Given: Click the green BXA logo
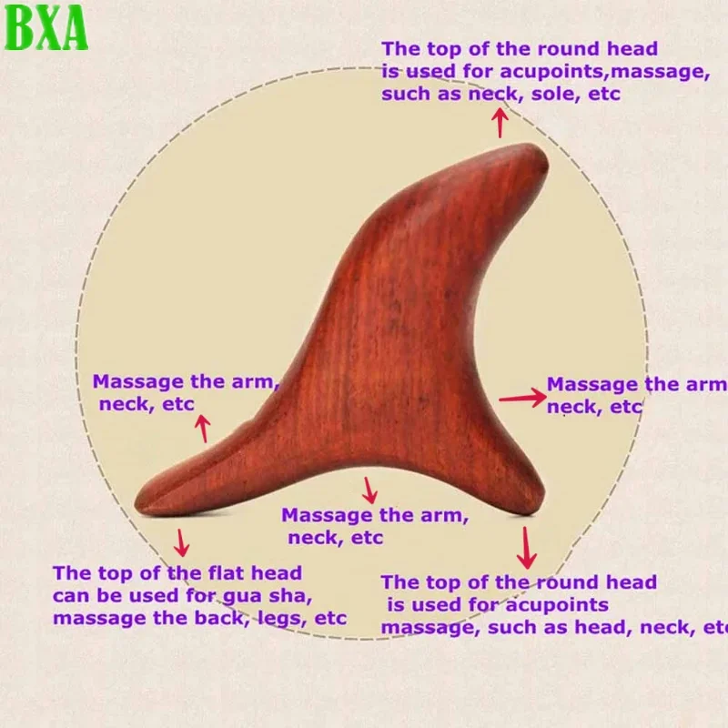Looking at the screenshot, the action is pos(46,27).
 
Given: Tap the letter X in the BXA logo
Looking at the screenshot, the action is pos(46,27).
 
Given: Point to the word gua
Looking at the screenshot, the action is pos(245,597).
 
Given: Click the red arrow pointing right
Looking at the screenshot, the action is pos(522,397).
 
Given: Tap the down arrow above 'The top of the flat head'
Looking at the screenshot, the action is pos(182,542).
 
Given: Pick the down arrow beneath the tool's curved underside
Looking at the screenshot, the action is pos(369,490).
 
